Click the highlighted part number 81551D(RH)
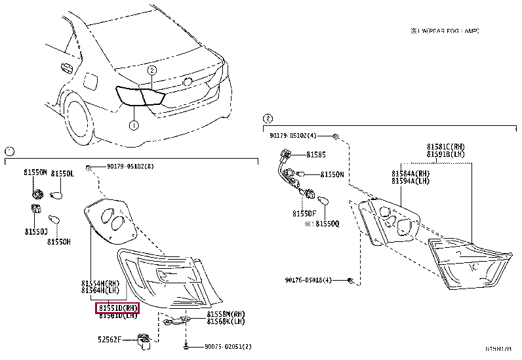119,307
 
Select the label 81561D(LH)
119,315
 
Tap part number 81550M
36,172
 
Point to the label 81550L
63,172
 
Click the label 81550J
37,231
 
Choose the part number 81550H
59,242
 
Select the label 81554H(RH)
100,283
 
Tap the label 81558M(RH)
226,314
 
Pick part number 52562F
110,339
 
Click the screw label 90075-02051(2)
228,347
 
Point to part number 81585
315,155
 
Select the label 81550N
332,175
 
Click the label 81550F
304,213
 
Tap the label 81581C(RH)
445,147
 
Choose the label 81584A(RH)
411,173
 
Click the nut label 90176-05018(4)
310,280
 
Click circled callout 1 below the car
133,125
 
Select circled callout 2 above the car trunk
151,70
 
